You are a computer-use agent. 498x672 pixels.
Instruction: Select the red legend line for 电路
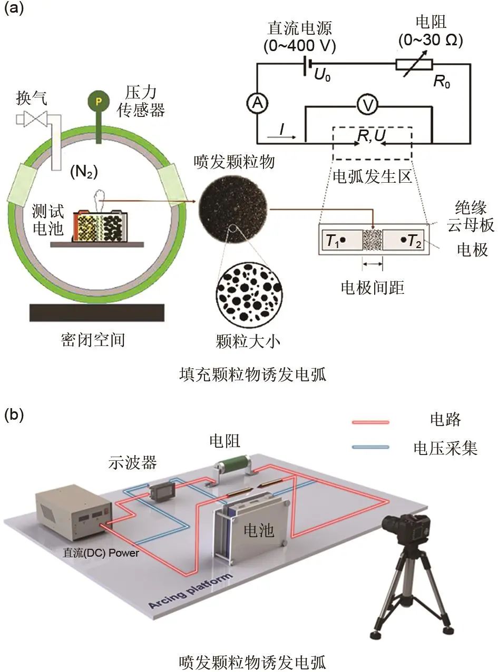(370, 422)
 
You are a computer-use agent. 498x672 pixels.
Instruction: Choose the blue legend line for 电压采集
(370, 447)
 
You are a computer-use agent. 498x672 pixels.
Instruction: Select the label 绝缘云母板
(471, 216)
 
